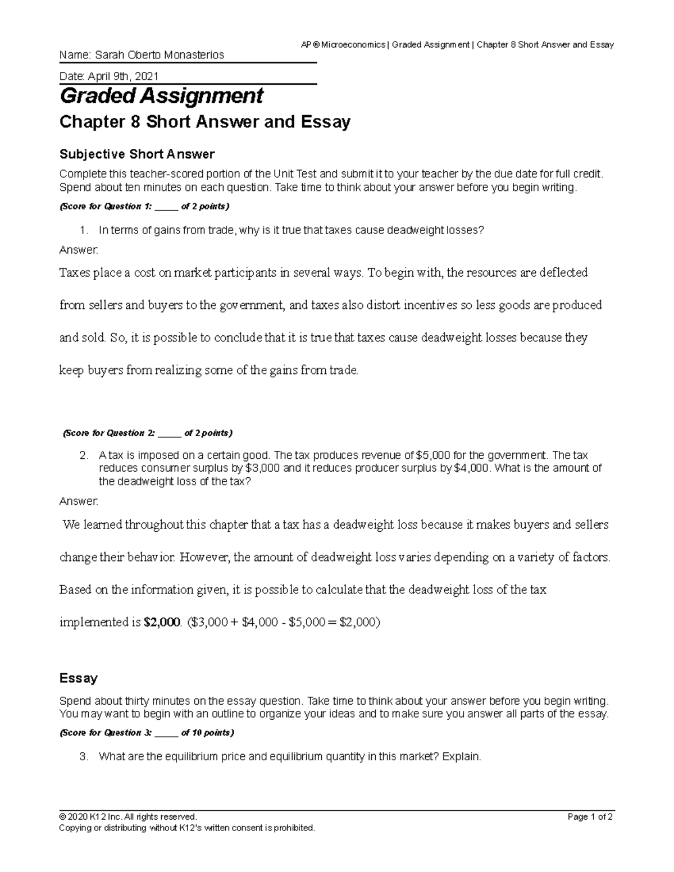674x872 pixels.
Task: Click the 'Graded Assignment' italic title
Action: (x=161, y=96)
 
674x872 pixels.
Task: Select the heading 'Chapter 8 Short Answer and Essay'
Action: (x=205, y=122)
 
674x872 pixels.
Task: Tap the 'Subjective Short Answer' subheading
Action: (x=137, y=154)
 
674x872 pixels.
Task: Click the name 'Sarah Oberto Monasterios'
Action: (x=159, y=55)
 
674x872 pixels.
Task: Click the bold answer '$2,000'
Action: (x=162, y=622)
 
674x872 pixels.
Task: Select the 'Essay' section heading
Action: (x=79, y=678)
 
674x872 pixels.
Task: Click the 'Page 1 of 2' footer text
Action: (x=590, y=817)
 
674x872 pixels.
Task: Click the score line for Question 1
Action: (x=144, y=206)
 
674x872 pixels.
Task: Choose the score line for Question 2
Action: (x=147, y=433)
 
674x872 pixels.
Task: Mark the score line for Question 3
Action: (x=147, y=733)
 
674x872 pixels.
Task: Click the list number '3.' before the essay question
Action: (x=84, y=757)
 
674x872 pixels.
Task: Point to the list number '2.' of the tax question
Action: (x=84, y=455)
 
